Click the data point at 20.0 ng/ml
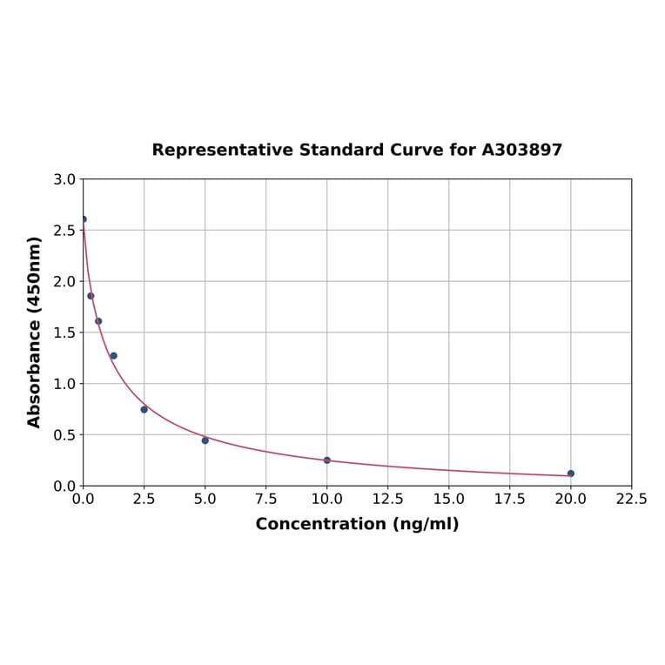click(571, 474)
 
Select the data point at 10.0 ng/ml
click(327, 460)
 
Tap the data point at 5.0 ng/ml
click(205, 440)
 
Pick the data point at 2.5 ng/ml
click(144, 409)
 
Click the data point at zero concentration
click(84, 219)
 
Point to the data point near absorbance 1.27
click(113, 356)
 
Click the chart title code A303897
click(522, 151)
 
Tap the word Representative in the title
click(223, 151)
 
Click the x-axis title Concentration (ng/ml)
click(357, 524)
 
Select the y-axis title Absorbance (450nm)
click(35, 332)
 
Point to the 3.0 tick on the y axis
click(64, 180)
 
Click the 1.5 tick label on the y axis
click(64, 332)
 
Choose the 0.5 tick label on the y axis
click(64, 435)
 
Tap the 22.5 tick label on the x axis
click(631, 500)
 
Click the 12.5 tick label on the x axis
click(387, 500)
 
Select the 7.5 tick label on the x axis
click(266, 500)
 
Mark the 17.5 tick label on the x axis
click(509, 500)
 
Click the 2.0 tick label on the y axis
click(64, 282)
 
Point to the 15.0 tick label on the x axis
click(448, 500)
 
